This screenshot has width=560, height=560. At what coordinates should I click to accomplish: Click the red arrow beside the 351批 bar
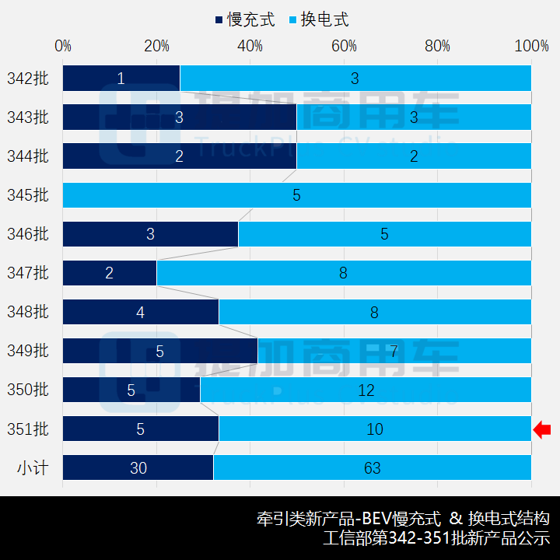click(542, 429)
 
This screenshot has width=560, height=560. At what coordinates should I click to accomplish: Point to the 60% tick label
click(344, 46)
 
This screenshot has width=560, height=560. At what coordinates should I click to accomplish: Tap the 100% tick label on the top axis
click(532, 46)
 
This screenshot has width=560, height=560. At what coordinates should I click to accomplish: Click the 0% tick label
click(63, 46)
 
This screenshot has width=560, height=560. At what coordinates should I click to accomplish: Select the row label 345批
click(28, 194)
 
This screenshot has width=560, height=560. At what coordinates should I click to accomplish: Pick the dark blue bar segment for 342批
click(121, 78)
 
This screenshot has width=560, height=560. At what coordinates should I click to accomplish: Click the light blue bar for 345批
click(297, 194)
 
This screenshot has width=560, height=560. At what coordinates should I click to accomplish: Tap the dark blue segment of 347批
click(110, 273)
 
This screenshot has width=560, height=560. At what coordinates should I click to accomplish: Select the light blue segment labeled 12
click(366, 390)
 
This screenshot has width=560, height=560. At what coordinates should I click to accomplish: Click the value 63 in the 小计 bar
click(372, 467)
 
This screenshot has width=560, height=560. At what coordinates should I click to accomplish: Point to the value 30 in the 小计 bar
click(138, 467)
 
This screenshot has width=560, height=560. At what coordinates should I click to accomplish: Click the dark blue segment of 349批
click(160, 351)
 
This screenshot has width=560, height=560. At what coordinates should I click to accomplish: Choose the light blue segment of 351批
click(375, 429)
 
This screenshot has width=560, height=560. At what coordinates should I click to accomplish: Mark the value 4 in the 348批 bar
click(141, 312)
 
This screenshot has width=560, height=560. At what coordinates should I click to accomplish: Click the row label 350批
click(28, 390)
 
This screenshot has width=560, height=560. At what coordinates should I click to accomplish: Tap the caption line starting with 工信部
click(436, 538)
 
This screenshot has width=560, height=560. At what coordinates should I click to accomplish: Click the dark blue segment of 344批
click(180, 156)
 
